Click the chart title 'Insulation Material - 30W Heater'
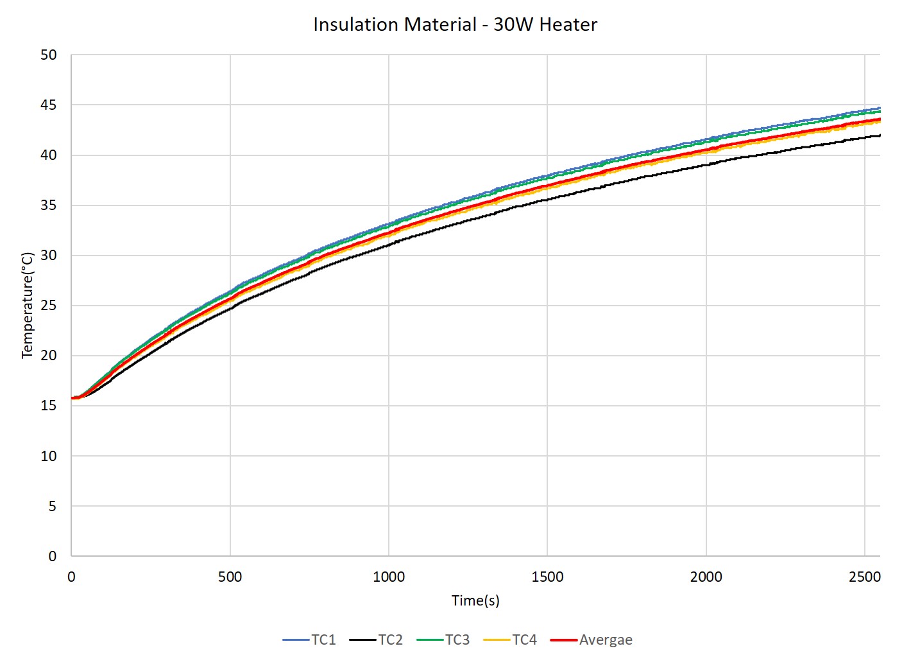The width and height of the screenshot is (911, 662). (x=455, y=24)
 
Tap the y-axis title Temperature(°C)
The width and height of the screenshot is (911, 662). (x=27, y=306)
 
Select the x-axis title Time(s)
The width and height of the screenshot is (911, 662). (x=475, y=601)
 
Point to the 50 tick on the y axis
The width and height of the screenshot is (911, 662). (x=49, y=55)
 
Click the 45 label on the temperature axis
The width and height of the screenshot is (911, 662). (x=49, y=105)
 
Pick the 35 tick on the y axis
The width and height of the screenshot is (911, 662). (x=49, y=205)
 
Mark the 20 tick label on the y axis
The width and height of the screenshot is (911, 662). (x=49, y=356)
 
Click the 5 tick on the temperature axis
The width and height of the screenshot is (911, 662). (x=53, y=507)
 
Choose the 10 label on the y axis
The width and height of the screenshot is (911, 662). (x=49, y=457)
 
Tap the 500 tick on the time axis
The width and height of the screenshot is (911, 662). (x=230, y=577)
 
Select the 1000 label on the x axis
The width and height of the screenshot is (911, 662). (x=389, y=577)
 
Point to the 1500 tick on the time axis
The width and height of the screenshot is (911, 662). (x=547, y=577)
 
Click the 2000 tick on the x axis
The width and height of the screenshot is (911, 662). (x=706, y=577)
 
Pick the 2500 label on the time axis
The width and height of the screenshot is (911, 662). (x=865, y=577)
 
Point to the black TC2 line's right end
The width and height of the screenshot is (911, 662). (x=880, y=135)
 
